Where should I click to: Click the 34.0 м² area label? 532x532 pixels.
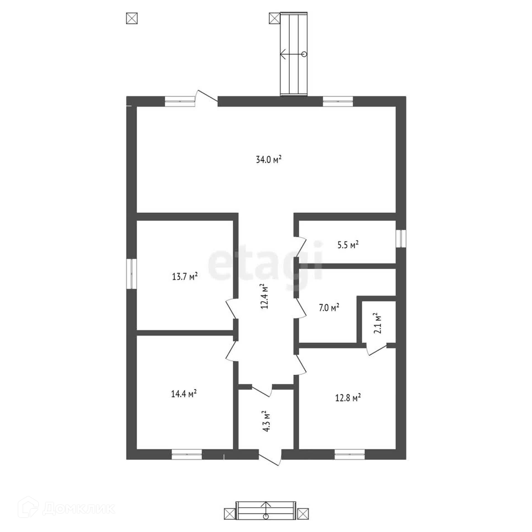[268, 160]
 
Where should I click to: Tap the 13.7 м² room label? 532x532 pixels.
[185, 276]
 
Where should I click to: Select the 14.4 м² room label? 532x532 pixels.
[184, 393]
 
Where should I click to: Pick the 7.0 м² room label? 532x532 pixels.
[329, 308]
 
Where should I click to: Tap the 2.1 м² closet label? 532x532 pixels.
[377, 323]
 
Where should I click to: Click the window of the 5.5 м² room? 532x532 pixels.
[401, 239]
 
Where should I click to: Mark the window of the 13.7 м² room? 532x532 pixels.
[132, 274]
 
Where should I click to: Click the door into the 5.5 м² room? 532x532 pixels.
[301, 247]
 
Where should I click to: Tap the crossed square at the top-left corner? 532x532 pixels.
[132, 19]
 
